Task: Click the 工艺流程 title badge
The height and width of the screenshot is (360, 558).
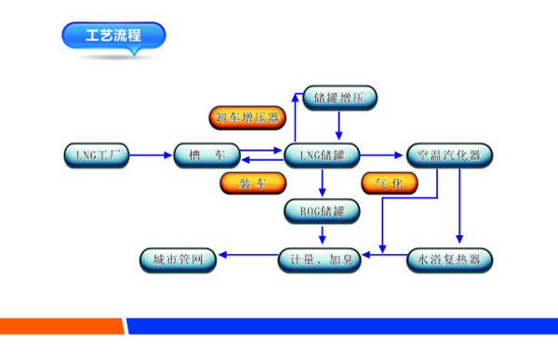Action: coord(113,37)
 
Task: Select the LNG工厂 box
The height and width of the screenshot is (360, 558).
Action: coord(96,154)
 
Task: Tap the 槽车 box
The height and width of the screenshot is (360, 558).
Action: coord(206,154)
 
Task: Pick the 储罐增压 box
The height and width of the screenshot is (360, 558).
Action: coord(340,97)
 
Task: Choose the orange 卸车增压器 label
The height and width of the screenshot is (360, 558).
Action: coord(246,117)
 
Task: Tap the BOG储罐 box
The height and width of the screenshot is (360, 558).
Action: coord(320,211)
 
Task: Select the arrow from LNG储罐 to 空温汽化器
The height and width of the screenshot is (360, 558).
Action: coord(381,154)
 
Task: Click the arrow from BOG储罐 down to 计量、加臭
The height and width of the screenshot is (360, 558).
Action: coord(323,234)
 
